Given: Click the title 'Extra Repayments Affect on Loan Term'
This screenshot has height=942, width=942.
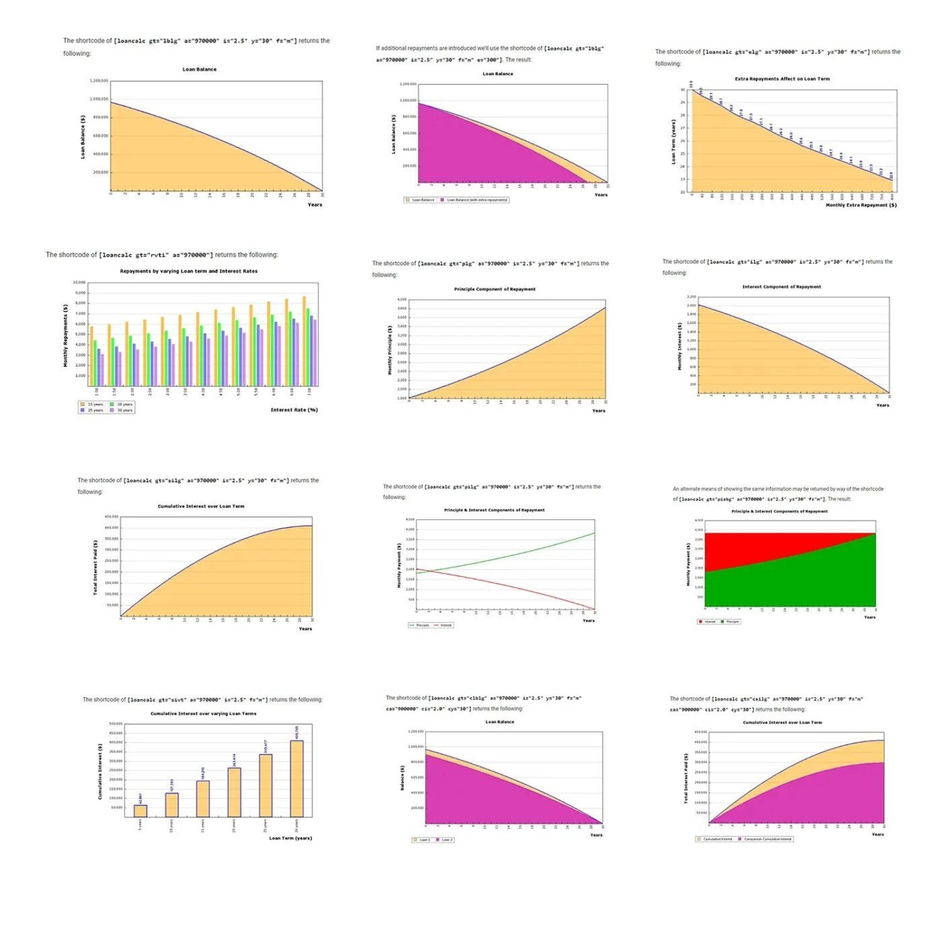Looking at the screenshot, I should [x=782, y=79].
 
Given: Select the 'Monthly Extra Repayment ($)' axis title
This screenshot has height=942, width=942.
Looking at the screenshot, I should [x=860, y=205].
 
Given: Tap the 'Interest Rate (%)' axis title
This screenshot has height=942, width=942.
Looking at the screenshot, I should [x=294, y=409].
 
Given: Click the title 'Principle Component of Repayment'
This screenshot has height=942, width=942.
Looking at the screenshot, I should [x=494, y=290].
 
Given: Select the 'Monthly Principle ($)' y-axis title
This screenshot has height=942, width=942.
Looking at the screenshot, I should [x=390, y=350].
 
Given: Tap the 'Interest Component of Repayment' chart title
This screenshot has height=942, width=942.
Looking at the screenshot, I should [x=781, y=287].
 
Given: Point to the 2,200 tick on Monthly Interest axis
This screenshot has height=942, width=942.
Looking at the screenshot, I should [x=691, y=296].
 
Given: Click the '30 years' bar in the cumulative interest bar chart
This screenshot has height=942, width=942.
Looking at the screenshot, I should [x=296, y=779].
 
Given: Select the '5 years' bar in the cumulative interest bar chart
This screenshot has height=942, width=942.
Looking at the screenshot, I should [x=141, y=811].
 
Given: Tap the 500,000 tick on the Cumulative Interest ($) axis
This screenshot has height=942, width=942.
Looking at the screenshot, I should [x=116, y=724].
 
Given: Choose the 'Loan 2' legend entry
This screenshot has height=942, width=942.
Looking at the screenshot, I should [x=447, y=840].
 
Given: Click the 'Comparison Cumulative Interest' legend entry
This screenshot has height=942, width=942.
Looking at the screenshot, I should [x=767, y=839].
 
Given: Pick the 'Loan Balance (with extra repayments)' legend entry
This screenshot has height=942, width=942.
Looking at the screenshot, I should [x=477, y=200].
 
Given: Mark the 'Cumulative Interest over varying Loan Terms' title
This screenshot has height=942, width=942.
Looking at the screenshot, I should [x=203, y=713].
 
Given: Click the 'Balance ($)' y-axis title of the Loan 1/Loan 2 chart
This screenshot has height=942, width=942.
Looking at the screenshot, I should [x=403, y=777].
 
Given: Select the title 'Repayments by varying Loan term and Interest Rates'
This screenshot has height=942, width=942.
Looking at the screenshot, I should [x=188, y=271].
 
